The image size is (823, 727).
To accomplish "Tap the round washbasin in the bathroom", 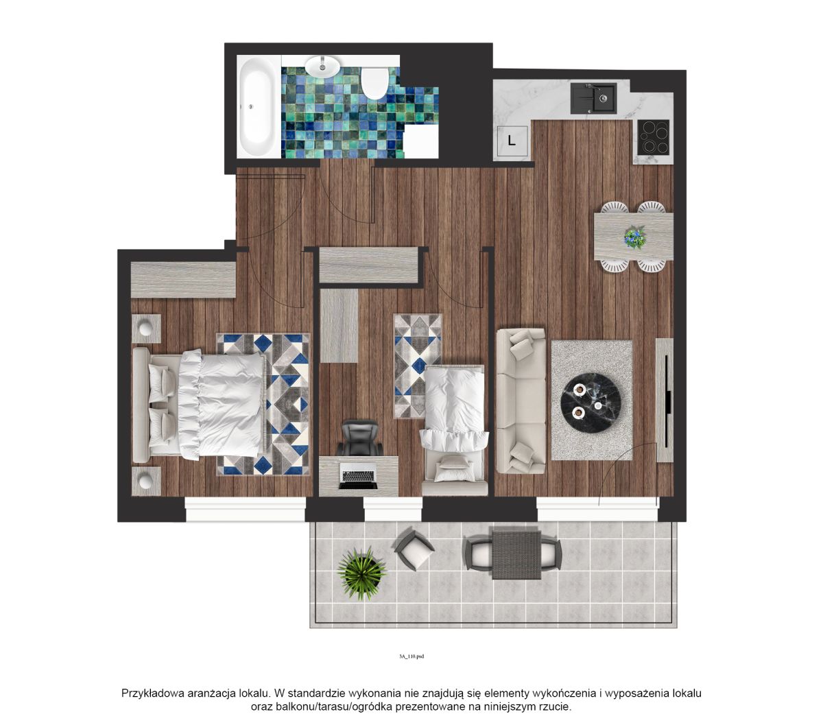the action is tap(322, 66).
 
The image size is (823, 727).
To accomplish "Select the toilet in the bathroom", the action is tap(374, 83).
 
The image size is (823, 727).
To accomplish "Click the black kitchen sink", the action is tap(593, 99).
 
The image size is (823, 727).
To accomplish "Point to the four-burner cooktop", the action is tap(653, 137).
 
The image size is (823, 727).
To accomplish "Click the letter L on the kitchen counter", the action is tap(512, 141).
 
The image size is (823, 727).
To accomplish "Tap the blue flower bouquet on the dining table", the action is tap(634, 237).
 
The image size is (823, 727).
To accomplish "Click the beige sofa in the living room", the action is tap(521, 401).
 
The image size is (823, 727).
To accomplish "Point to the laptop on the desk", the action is tap(358, 475).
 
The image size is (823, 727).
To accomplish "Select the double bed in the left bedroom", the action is tap(199, 405).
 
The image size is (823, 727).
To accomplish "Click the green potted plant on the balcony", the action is tap(361, 573).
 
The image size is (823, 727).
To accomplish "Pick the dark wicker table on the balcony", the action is tap(516, 553).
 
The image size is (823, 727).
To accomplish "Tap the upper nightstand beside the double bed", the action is tap(146, 328).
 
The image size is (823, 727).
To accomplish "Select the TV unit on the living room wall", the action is tap(664, 400).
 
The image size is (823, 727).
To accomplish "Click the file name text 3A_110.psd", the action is tap(411, 656).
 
